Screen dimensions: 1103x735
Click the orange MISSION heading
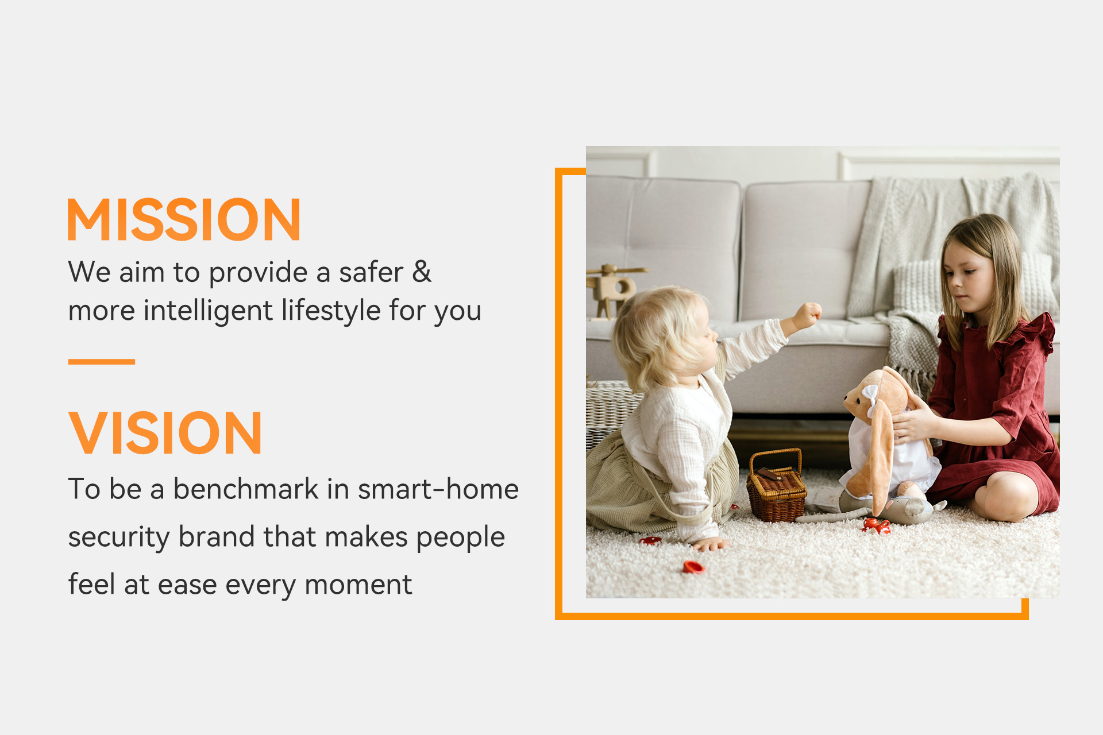point(184,219)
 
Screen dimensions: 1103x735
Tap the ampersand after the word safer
point(422,272)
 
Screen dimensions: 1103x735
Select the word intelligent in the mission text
point(208,311)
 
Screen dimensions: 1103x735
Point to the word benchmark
point(246,489)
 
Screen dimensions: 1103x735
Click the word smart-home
point(438,489)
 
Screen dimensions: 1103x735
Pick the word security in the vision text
point(118,538)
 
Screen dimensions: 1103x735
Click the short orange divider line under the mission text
point(102,362)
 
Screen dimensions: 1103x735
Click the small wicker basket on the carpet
point(776,487)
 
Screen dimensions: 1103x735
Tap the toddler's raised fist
point(808,315)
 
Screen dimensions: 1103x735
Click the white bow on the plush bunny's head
point(869,397)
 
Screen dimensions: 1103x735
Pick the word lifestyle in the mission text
point(331,311)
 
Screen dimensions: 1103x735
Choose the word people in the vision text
point(460,538)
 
